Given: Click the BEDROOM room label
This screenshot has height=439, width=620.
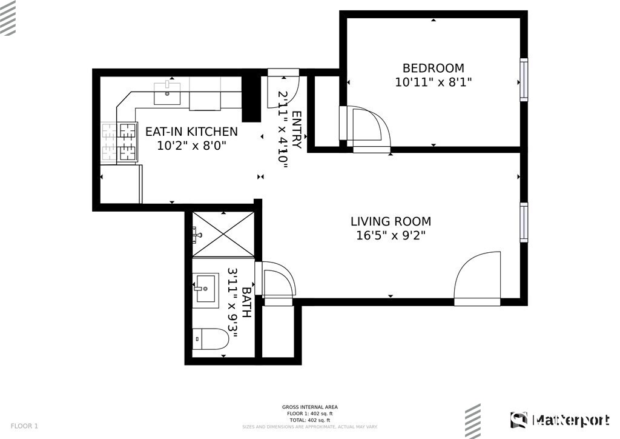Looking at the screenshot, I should (x=434, y=68).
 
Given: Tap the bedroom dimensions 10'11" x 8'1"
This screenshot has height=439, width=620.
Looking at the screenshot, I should (x=434, y=82).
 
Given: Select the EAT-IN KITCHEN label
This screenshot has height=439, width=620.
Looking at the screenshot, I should (x=191, y=132).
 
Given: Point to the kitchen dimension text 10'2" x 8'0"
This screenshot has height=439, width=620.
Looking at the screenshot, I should (x=191, y=146).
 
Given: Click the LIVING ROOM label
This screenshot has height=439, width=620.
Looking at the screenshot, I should (x=391, y=221).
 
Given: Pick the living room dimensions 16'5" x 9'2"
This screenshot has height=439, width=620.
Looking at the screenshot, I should (x=391, y=236).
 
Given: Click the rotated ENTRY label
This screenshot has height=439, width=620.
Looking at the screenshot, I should (x=296, y=130).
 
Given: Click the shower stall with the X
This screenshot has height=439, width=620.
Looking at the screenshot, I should (x=223, y=235).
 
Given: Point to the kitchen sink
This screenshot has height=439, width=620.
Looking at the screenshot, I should (x=167, y=94).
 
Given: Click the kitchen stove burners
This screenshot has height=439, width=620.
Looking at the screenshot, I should (x=120, y=142).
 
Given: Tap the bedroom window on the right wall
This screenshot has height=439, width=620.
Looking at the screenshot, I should (x=523, y=80).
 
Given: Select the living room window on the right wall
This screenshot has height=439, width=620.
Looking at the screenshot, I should (x=523, y=223).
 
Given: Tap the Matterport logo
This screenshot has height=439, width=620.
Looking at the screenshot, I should (x=560, y=420).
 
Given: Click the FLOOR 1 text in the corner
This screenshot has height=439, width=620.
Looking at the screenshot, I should (x=24, y=426).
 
